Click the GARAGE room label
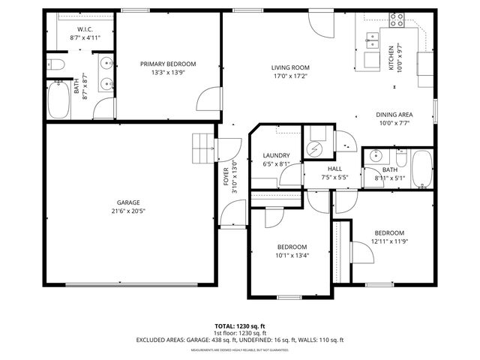pyautogui.click(x=127, y=202)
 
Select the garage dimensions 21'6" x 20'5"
pyautogui.click(x=127, y=211)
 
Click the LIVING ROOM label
pyautogui.click(x=289, y=67)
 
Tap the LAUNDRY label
pyautogui.click(x=276, y=155)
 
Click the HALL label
pyautogui.click(x=334, y=169)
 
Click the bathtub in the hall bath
pyautogui.click(x=421, y=168)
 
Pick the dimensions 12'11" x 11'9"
pyautogui.click(x=389, y=241)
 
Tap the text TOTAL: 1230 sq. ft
pyautogui.click(x=240, y=326)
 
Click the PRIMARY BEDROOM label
pyautogui.click(x=168, y=64)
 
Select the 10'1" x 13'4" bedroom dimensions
pyautogui.click(x=292, y=256)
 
